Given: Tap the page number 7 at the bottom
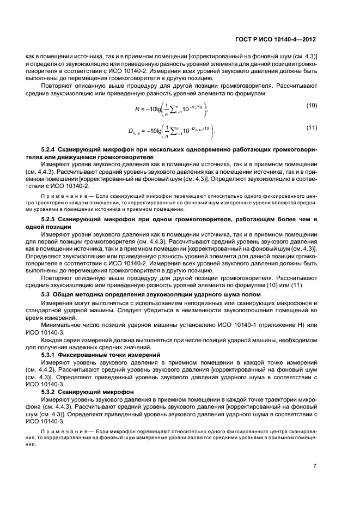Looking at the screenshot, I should [x=315, y=466].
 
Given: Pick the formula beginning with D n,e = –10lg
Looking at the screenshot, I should [x=171, y=131].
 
